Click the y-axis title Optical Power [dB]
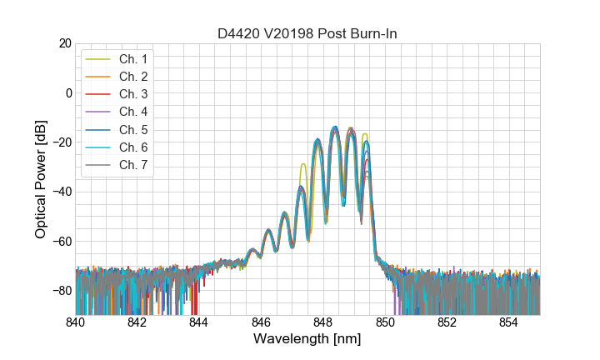41,179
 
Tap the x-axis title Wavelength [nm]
307,339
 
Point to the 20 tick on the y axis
63,43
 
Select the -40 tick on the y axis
61,192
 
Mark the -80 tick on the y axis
61,291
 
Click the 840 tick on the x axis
76,322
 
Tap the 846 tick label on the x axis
262,322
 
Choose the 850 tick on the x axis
385,322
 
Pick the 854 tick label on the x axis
509,322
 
